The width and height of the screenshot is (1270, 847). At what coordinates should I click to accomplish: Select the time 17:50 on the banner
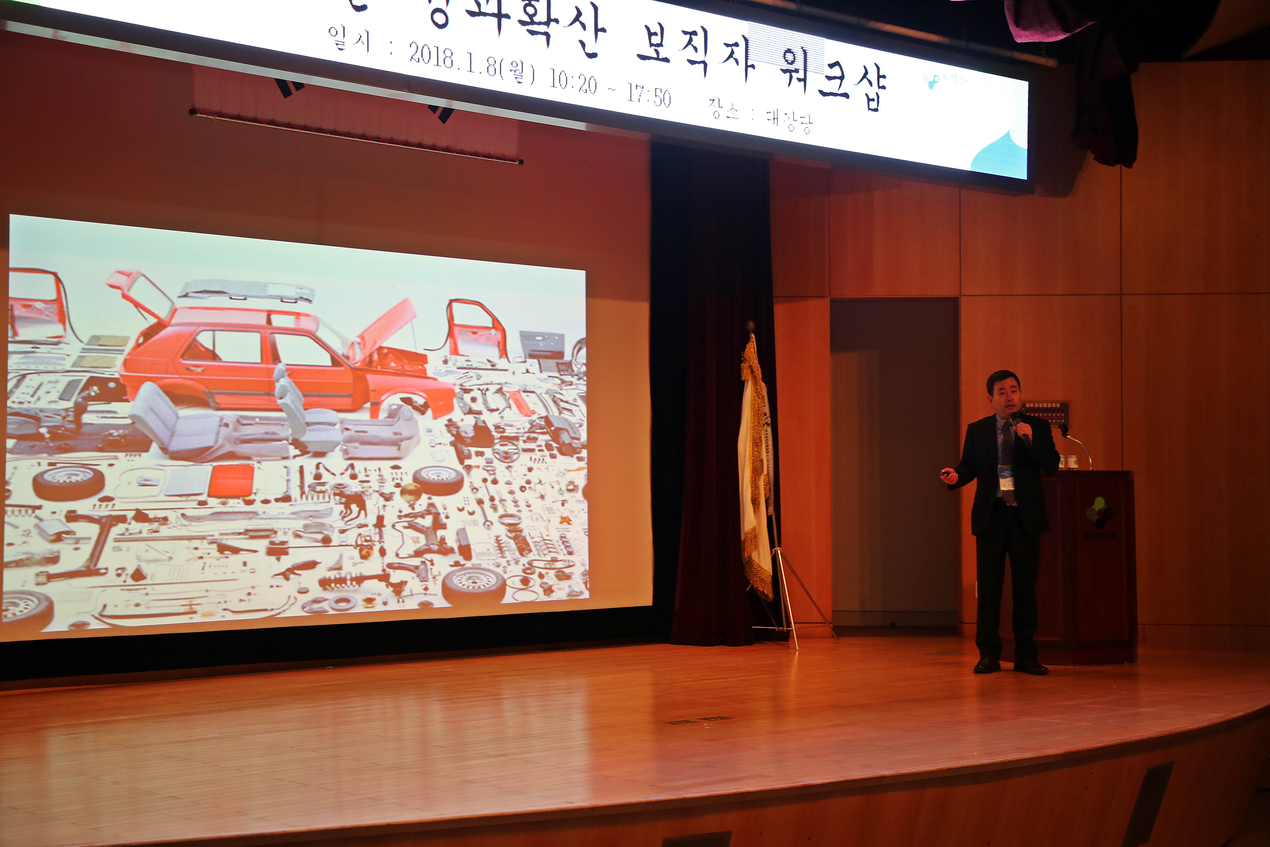tap(648, 96)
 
